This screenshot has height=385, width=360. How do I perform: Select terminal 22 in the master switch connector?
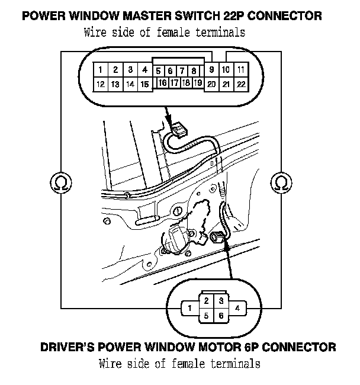tap(240, 84)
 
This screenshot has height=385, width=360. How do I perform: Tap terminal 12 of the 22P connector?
tap(101, 84)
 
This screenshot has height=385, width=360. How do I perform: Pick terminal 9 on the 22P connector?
tap(211, 69)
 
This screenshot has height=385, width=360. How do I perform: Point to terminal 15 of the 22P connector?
tap(144, 84)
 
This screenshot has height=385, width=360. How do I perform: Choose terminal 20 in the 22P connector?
tap(211, 84)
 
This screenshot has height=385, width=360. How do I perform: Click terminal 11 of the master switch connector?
tap(240, 70)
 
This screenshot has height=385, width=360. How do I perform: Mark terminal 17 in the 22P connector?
tap(174, 82)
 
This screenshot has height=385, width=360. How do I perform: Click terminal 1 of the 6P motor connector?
tap(188, 308)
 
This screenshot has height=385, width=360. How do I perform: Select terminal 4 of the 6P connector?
tap(237, 308)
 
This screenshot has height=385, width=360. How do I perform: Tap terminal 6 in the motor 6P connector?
tap(220, 316)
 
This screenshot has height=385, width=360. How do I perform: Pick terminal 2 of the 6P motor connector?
tap(205, 301)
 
